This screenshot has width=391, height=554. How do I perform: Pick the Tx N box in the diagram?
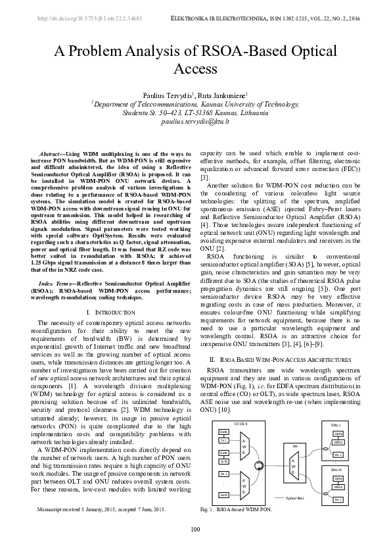point(223,461)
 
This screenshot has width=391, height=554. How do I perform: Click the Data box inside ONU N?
point(338,478)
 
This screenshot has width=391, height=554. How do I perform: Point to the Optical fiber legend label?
point(295,498)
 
